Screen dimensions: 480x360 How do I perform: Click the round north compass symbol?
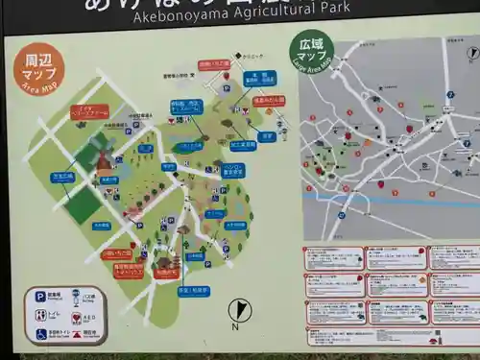tap(241, 310)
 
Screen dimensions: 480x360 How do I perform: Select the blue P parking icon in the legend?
tap(40, 297)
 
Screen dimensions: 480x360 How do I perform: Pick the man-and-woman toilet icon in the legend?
tap(40, 315)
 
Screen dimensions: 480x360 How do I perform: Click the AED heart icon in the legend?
tap(76, 316)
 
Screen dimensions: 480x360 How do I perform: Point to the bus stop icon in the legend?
tap(77, 297)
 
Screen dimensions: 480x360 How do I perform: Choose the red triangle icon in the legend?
tap(76, 334)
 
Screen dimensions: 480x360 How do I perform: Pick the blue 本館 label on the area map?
tap(255, 76)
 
